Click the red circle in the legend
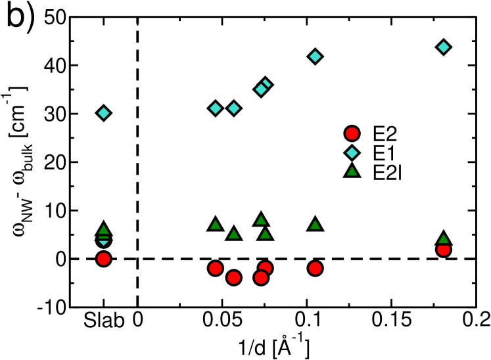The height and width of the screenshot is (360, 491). tap(352, 134)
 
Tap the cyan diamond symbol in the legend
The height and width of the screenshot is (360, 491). tap(352, 153)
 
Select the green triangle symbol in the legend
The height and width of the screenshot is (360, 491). tap(352, 171)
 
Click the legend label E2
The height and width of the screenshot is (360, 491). tap(385, 134)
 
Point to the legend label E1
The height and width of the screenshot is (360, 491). tap(384, 153)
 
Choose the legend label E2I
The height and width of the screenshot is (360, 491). tap(386, 172)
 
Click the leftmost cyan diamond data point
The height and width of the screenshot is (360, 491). tap(103, 113)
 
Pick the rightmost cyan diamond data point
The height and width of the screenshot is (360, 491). tap(444, 47)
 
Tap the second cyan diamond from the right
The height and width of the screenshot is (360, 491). tap(316, 56)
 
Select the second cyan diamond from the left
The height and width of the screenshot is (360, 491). tap(216, 108)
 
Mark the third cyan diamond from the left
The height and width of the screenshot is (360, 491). tap(234, 108)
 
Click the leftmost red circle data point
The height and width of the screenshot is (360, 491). tap(103, 259)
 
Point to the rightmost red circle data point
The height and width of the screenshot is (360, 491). tap(444, 250)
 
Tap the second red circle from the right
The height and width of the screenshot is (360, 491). tap(316, 268)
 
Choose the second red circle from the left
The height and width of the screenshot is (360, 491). tap(216, 268)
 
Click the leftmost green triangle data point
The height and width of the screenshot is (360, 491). tap(103, 230)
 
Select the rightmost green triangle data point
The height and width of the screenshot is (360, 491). tap(444, 239)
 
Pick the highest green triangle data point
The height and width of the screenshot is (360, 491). tap(261, 220)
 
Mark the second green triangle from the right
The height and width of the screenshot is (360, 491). tap(316, 225)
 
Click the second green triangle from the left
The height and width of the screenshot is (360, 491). tap(216, 225)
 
